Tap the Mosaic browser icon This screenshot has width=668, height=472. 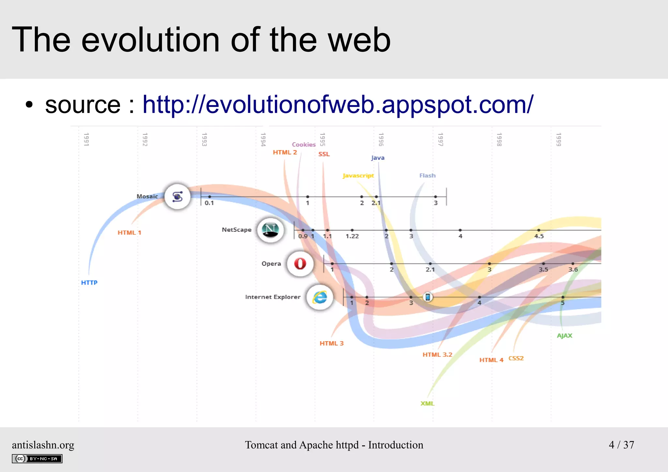177,197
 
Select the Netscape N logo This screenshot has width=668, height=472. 270,230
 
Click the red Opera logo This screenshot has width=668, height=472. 300,264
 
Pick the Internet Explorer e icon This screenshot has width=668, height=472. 320,297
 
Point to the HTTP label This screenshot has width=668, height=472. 89,283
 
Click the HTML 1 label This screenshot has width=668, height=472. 129,233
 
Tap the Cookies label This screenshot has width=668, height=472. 304,145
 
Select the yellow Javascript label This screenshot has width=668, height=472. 358,176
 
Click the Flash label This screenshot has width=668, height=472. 427,175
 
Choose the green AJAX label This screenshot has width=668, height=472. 564,336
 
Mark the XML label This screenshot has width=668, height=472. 427,403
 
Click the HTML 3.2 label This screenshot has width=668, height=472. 437,355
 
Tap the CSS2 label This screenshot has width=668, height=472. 516,358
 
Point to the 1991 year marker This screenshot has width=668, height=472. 86,140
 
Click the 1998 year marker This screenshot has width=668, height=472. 499,140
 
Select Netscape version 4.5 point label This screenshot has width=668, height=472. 539,236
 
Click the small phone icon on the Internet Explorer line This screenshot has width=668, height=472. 428,297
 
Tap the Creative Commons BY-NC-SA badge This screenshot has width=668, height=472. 37,459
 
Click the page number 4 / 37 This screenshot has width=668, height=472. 621,445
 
